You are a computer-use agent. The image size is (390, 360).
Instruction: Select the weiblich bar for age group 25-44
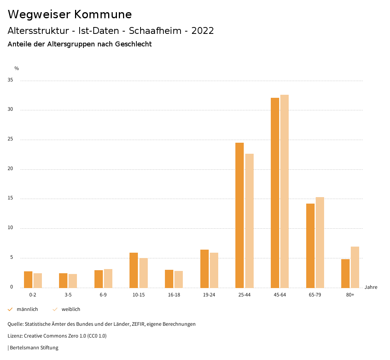249,221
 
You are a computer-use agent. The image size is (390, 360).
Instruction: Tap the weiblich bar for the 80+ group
355,267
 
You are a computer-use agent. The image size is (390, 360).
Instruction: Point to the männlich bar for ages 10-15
134,270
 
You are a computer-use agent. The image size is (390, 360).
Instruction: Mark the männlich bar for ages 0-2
28,279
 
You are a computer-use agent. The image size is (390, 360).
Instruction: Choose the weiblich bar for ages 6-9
108,278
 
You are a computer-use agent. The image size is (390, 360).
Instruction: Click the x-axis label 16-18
174,295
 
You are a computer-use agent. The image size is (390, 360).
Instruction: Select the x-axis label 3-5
68,295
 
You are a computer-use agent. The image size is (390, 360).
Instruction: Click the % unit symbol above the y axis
17,68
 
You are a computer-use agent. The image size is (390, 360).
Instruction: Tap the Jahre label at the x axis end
371,287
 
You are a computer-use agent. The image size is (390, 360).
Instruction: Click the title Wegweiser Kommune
70,14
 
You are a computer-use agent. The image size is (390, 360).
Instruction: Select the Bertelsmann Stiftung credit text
34,347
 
